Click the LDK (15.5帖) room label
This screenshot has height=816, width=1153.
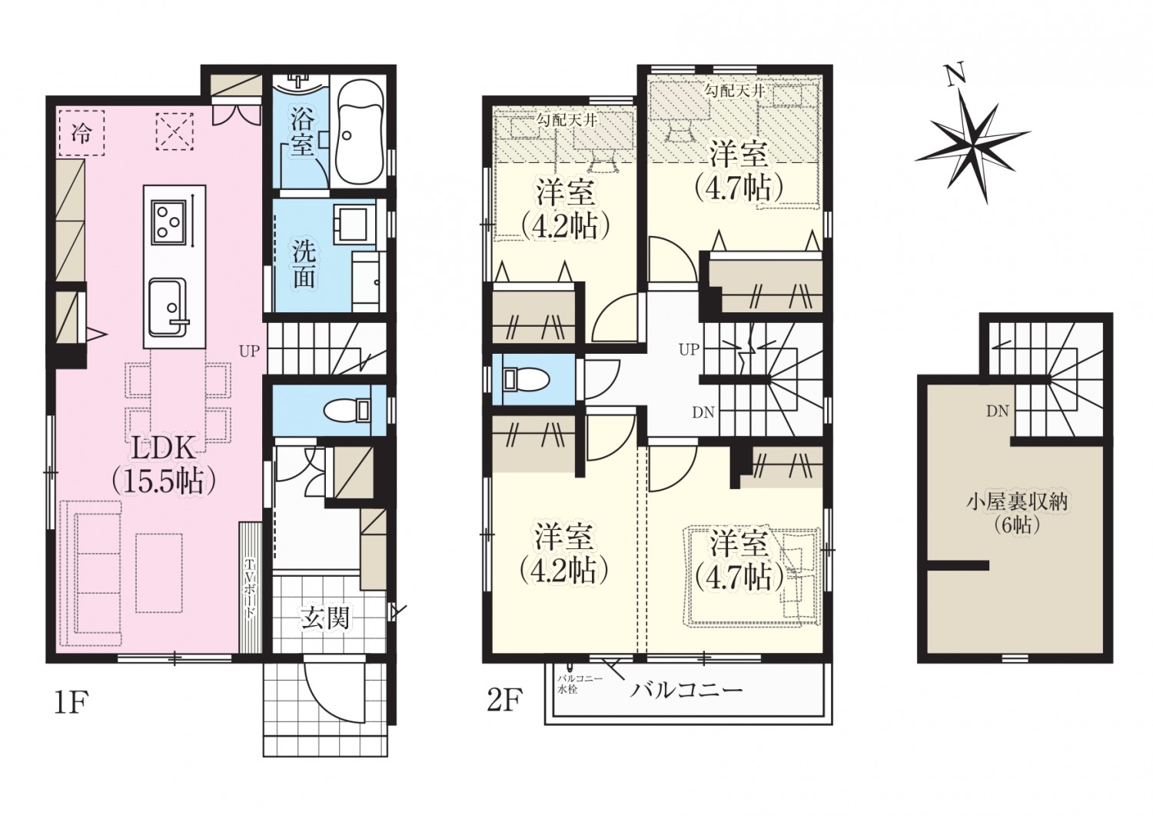[163, 466]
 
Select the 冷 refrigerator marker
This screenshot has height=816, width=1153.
[81, 133]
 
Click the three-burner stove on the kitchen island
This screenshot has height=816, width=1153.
[168, 223]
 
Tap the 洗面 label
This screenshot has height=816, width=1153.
[304, 268]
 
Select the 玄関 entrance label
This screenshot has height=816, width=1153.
[325, 618]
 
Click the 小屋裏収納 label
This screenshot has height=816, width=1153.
[1012, 501]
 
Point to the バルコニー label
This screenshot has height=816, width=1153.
[686, 689]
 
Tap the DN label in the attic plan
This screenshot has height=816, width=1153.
[997, 411]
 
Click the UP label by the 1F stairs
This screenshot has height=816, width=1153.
[250, 351]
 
